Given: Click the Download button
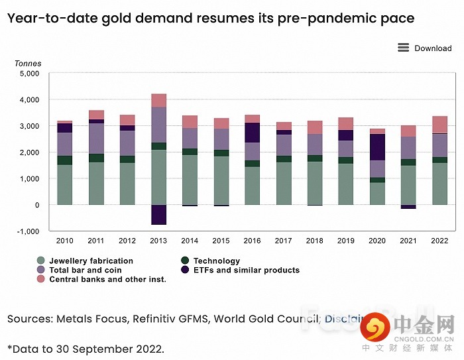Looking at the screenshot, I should point(433,48).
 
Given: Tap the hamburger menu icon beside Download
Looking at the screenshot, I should point(403,48).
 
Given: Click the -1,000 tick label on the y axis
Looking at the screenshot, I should point(28,231).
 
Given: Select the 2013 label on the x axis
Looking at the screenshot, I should point(158,241).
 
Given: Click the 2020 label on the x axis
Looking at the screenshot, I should point(377,241).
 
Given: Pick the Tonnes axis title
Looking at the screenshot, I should point(28,64).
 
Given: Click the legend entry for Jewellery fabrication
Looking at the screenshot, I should point(91,261).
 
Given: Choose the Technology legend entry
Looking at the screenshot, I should point(217,261).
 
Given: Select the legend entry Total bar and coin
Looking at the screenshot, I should point(85,270).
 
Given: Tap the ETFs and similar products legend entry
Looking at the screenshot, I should point(246,270).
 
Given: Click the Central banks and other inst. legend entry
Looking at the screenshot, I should point(107,280).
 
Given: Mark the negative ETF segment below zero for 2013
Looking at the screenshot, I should point(158,215).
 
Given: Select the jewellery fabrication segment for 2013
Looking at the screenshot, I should point(158,177).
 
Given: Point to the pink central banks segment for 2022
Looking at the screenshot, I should point(440,125).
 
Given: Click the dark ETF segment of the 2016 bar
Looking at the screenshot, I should point(253,133).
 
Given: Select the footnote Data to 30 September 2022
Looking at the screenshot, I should point(86,349).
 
